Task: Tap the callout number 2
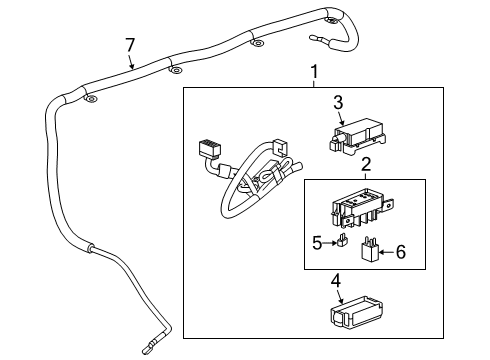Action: click(366, 164)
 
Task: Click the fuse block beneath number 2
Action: click(357, 206)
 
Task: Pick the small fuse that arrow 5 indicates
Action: click(341, 242)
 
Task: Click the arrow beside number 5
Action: click(329, 241)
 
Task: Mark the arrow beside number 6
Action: click(386, 252)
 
